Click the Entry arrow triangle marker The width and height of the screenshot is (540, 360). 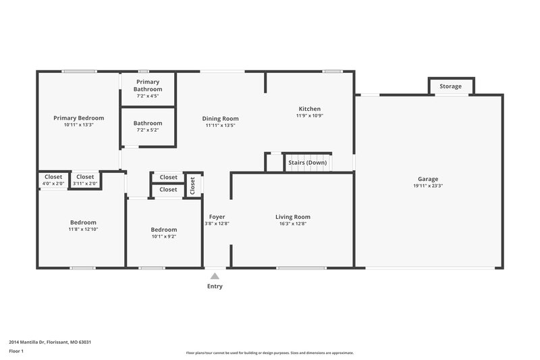pos(215,276)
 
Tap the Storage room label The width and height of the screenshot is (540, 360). pos(451,86)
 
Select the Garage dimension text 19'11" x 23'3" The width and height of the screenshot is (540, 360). pos(428,186)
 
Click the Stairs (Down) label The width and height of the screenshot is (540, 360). pos(307,163)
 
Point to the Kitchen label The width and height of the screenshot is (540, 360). pos(310,109)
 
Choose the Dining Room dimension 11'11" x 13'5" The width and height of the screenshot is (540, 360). pos(221,125)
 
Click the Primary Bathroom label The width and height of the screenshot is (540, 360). pos(148,86)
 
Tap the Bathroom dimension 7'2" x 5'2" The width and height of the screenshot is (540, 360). pos(148,130)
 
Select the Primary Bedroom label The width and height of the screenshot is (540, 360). pos(78,118)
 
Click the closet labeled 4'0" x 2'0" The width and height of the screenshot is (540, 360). pos(53,183)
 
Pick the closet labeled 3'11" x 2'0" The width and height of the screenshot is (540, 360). pos(85,183)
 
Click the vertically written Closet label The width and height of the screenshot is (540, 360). pos(193,185)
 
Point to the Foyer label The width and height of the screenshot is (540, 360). pos(217,217)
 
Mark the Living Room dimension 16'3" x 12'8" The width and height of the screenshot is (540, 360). pos(293,224)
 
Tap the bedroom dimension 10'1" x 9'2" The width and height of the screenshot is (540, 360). pos(164,236)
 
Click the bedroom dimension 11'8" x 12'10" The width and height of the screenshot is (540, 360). pos(83,230)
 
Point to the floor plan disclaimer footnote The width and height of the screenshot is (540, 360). pos(269,353)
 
